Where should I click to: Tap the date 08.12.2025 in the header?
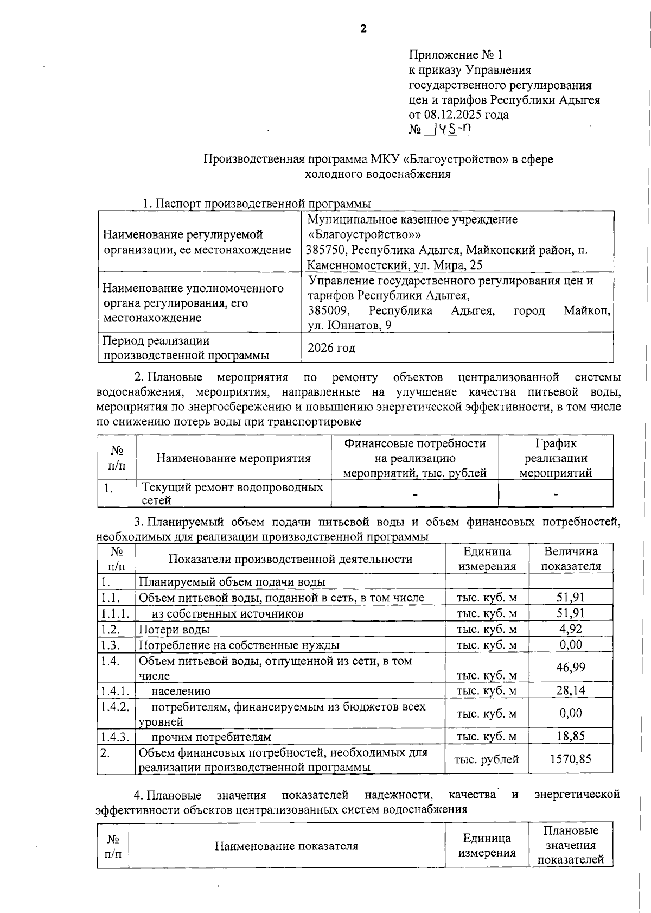(x=451, y=115)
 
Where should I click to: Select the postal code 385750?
(x=324, y=250)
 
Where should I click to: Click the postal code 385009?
(x=326, y=310)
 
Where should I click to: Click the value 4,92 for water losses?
(x=570, y=629)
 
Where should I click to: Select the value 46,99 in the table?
(x=570, y=667)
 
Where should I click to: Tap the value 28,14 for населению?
(x=570, y=690)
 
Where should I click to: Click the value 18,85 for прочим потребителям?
(x=570, y=736)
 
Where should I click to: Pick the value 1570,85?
(x=570, y=759)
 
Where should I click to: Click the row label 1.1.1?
(x=115, y=613)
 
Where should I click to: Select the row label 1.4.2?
(x=115, y=706)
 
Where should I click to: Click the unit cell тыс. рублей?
(x=486, y=759)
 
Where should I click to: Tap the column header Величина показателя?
(x=571, y=559)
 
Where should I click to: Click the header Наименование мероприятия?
(x=233, y=458)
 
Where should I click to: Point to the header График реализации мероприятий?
(x=556, y=458)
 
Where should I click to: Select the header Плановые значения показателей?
(x=570, y=845)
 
